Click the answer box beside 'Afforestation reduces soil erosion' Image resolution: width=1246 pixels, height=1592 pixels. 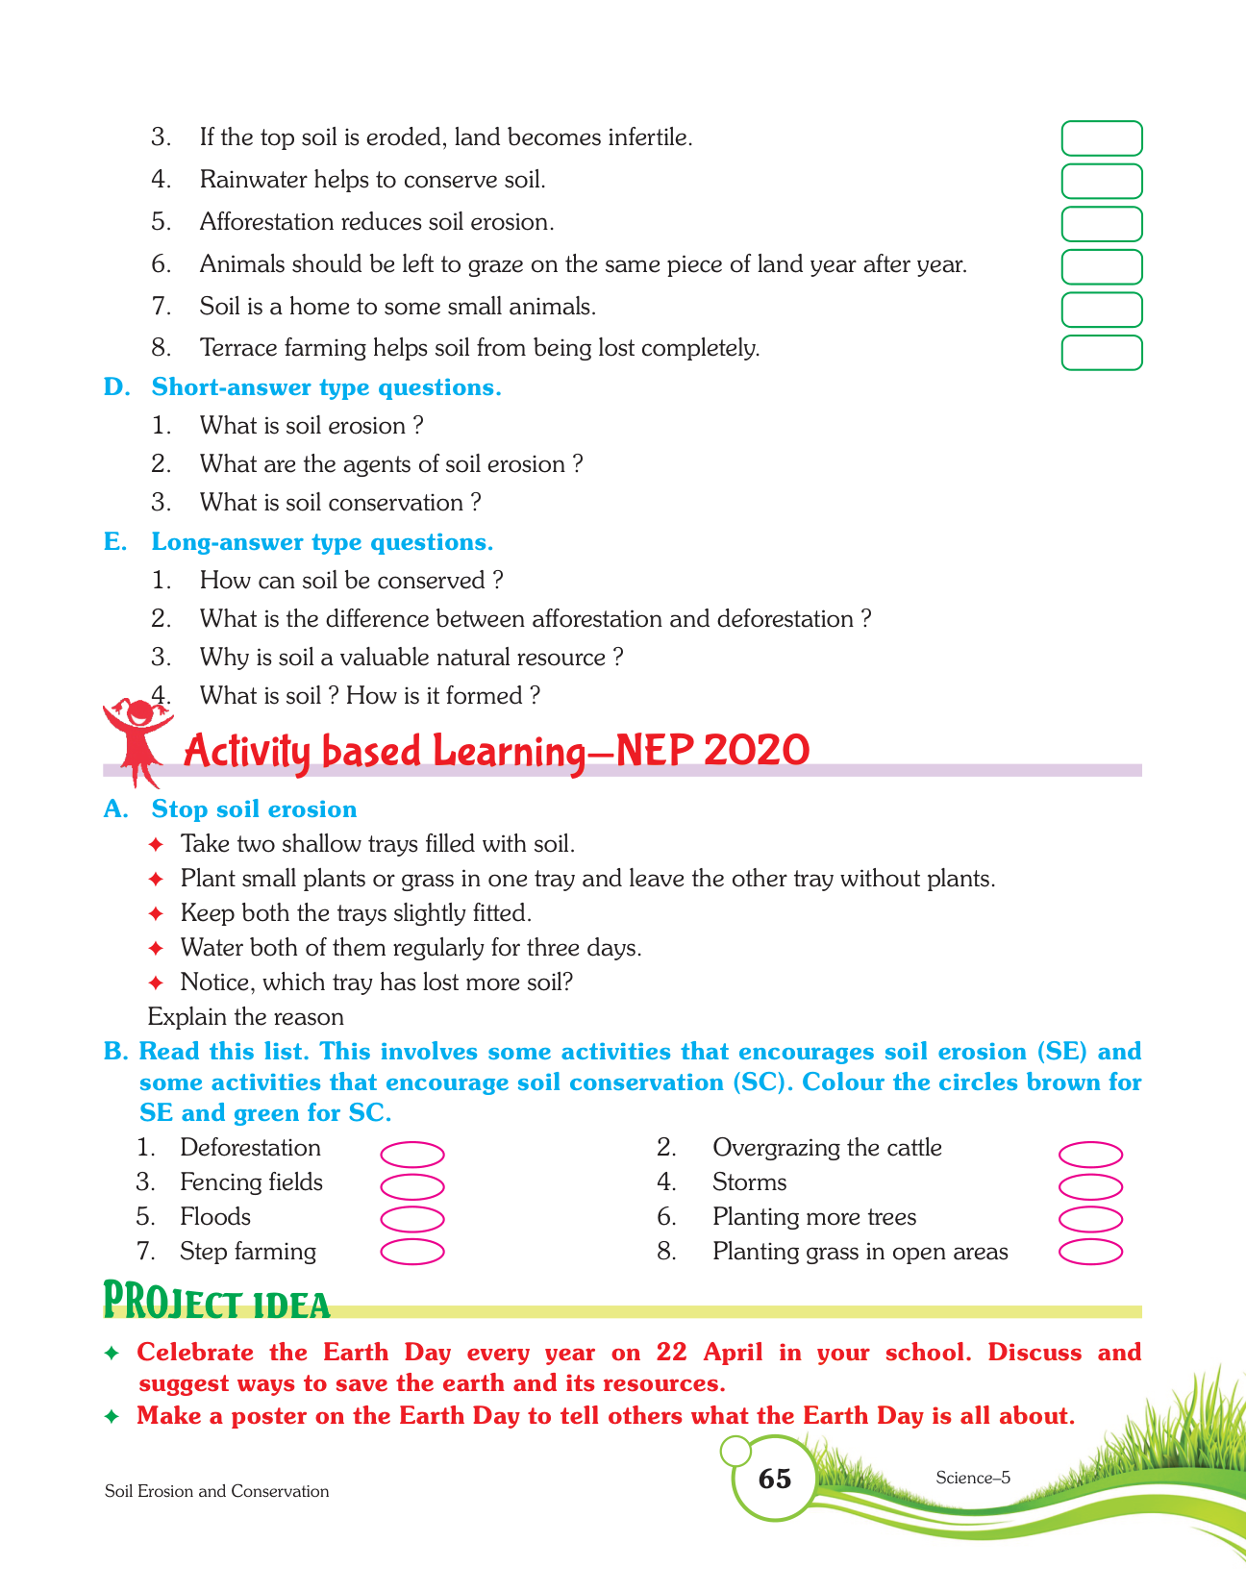pyautogui.click(x=1102, y=224)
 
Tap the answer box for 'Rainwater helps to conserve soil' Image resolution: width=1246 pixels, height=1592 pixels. pyautogui.click(x=1102, y=181)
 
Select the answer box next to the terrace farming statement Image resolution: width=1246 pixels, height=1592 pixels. pyautogui.click(x=1102, y=353)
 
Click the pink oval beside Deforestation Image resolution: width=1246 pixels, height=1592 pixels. pyautogui.click(x=412, y=1154)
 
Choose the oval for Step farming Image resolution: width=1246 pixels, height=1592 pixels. pyautogui.click(x=412, y=1252)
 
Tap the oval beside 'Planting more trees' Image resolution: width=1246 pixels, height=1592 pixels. pyautogui.click(x=1090, y=1219)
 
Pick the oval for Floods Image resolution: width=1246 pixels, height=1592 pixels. pyautogui.click(x=412, y=1219)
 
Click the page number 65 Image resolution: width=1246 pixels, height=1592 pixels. pyautogui.click(x=774, y=1479)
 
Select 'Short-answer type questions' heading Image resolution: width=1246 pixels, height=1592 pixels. pyautogui.click(x=326, y=387)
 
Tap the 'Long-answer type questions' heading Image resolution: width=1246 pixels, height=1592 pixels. pyautogui.click(x=322, y=542)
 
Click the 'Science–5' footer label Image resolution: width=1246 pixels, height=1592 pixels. pyautogui.click(x=972, y=1479)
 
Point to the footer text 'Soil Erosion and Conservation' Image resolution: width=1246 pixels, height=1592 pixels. pyautogui.click(x=216, y=1491)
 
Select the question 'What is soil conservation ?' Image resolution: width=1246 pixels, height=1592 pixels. pyautogui.click(x=339, y=503)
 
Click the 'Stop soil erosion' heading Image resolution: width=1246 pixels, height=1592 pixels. pyautogui.click(x=254, y=809)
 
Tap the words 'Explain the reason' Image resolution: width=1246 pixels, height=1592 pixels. pyautogui.click(x=246, y=1016)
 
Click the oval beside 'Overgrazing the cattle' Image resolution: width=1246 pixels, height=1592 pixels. pyautogui.click(x=1090, y=1154)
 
